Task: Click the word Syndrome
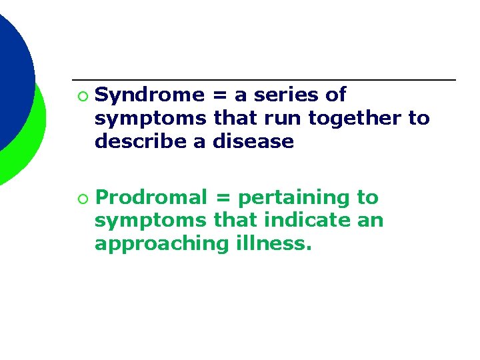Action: click(149, 95)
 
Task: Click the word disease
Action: click(253, 141)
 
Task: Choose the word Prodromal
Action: click(151, 197)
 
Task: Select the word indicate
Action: click(305, 221)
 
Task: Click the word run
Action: click(269, 119)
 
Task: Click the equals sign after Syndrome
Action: click(218, 96)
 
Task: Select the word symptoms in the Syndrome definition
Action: click(151, 119)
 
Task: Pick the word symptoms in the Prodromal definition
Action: click(151, 221)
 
